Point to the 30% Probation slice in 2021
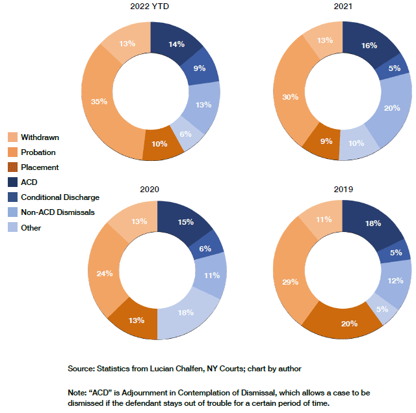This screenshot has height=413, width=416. click(291, 98)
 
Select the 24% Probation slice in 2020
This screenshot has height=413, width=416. click(105, 273)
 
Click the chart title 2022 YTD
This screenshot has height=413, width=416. click(151, 7)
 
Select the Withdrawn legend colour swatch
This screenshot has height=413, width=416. click(12, 138)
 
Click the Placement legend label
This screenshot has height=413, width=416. click(40, 167)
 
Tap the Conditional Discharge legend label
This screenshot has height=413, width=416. click(60, 197)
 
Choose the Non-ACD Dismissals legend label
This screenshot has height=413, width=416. click(58, 212)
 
